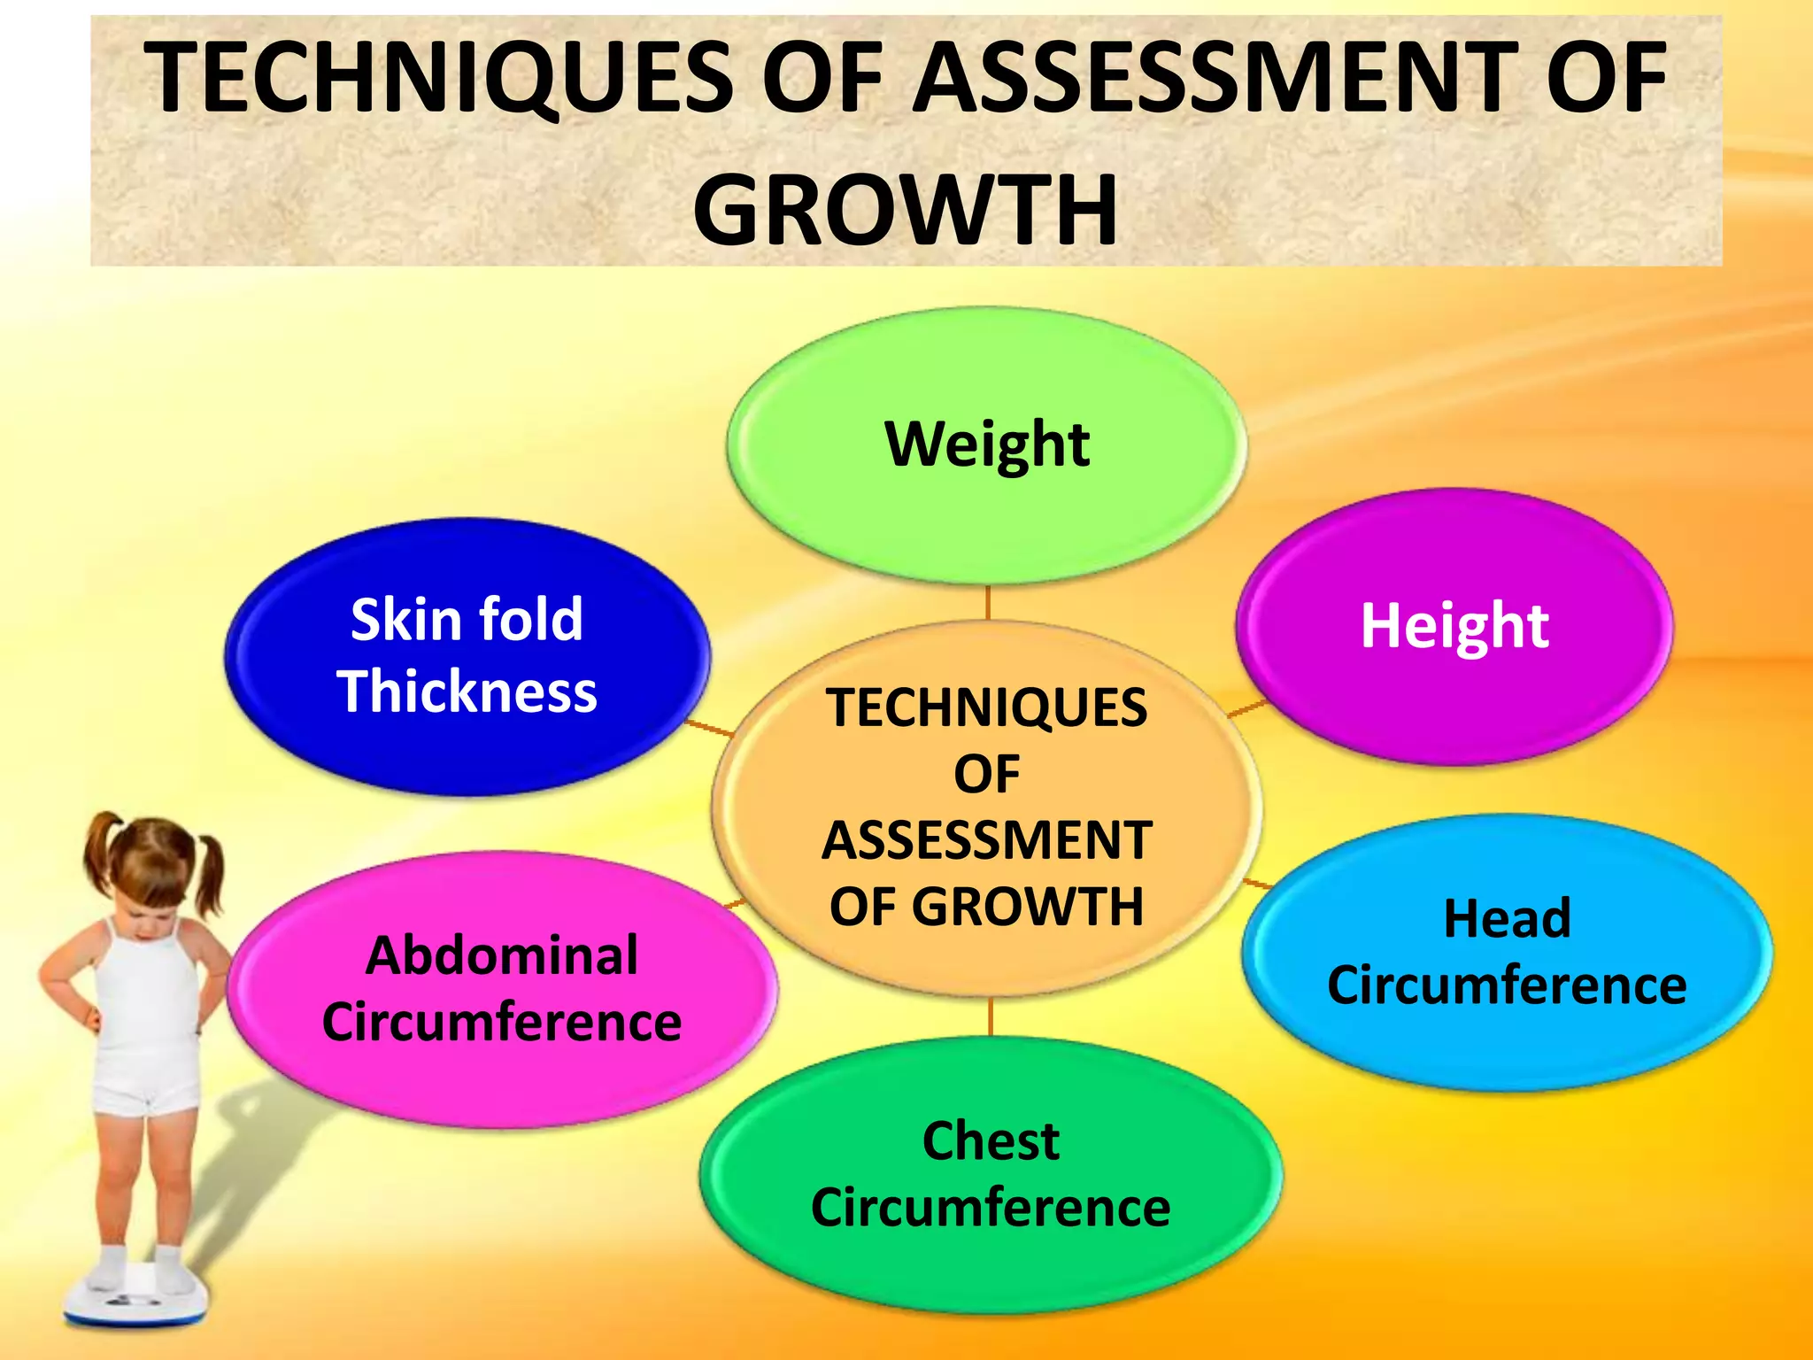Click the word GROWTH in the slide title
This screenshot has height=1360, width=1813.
(x=905, y=210)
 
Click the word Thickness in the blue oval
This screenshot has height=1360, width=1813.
(x=467, y=692)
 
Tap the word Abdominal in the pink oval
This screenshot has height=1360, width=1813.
(x=502, y=955)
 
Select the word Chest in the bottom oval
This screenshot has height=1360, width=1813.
(x=991, y=1140)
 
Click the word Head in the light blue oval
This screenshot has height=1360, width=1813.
(x=1507, y=918)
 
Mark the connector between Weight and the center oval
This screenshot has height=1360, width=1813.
(x=987, y=603)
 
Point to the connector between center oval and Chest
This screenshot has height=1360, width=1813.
(x=990, y=1016)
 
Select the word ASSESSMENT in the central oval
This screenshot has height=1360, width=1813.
(x=986, y=840)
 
